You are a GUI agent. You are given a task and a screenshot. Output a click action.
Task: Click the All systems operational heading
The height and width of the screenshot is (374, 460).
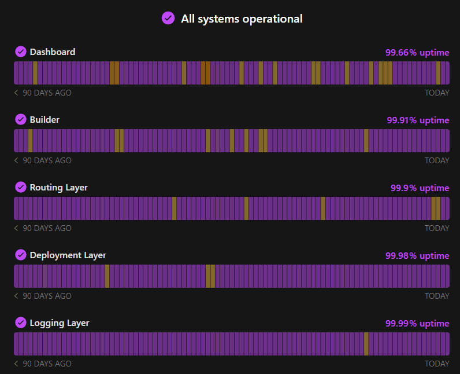[242, 19]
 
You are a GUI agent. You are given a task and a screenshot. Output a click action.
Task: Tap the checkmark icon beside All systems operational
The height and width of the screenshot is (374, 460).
[168, 19]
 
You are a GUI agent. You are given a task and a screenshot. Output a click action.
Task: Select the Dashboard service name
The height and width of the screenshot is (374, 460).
[53, 52]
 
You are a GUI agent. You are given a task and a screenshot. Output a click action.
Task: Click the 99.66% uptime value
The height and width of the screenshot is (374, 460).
[417, 53]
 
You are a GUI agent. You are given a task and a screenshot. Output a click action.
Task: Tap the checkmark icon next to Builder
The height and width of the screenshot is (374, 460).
[21, 120]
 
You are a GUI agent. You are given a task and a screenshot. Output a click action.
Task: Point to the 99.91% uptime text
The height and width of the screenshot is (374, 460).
[418, 120]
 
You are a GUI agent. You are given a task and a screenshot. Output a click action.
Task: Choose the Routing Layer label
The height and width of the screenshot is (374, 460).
[58, 188]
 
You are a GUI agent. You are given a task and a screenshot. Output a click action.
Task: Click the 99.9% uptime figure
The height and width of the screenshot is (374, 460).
[420, 188]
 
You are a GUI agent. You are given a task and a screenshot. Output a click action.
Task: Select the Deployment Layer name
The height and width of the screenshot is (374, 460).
[68, 255]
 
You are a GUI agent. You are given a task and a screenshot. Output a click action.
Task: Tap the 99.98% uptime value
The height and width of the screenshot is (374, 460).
[417, 256]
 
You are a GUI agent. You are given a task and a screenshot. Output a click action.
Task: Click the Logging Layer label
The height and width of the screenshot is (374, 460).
[60, 323]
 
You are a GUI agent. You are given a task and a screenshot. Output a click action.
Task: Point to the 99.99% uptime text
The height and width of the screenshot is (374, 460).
[417, 324]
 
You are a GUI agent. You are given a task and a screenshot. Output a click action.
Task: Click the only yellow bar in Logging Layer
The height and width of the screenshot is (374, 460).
[366, 344]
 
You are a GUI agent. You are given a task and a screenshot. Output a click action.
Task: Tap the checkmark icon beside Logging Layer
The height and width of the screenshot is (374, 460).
[21, 323]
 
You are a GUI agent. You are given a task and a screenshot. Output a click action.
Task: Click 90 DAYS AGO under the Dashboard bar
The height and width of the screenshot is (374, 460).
[47, 93]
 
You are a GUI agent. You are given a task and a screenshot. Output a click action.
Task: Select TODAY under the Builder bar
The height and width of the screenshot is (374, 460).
[437, 161]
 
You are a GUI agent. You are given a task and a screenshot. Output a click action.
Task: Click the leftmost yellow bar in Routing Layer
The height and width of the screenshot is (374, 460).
[174, 208]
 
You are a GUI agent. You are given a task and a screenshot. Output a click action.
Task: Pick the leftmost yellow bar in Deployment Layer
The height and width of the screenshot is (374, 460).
[107, 276]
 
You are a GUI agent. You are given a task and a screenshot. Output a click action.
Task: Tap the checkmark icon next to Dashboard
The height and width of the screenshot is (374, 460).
[21, 52]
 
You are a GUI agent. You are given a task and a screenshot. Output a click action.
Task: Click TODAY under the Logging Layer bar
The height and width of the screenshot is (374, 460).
[437, 364]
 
